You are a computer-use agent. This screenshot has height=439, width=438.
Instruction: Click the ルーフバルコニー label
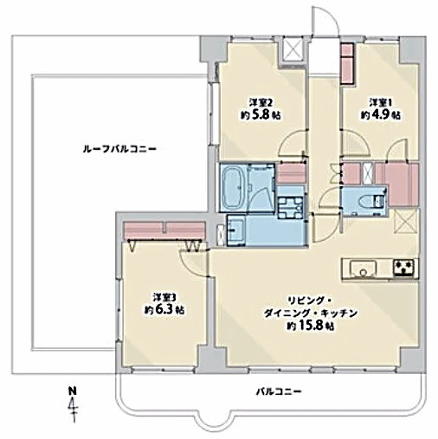(x=119, y=149)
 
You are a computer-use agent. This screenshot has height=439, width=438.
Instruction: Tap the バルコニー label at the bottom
(x=279, y=391)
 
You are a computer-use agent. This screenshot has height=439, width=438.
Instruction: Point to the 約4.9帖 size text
(x=381, y=115)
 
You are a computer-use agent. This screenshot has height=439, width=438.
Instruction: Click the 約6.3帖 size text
(x=164, y=310)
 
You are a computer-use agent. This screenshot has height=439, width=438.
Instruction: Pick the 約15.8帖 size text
(x=311, y=326)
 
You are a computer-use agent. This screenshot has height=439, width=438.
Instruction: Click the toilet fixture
(x=370, y=201)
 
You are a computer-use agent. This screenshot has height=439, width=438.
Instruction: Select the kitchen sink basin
(x=364, y=268)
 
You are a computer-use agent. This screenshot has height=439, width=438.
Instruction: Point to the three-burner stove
(x=405, y=268)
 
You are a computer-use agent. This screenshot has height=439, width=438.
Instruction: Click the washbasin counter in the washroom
(x=236, y=230)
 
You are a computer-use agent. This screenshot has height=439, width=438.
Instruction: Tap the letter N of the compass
(x=73, y=391)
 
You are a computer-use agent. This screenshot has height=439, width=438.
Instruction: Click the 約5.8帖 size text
(x=261, y=115)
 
